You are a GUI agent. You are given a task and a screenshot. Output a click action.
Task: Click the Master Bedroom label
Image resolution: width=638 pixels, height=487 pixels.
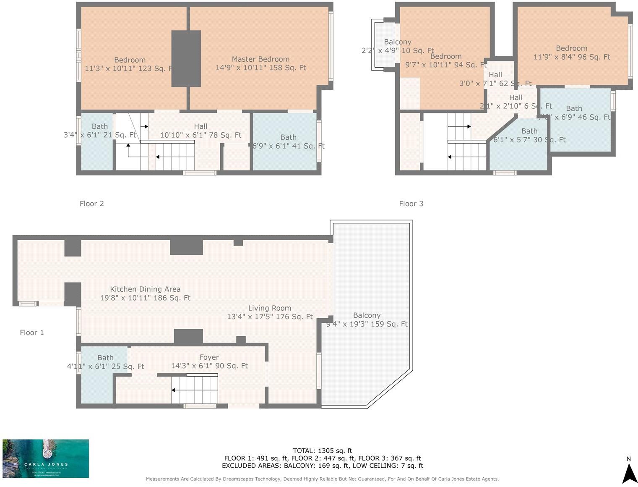point(260,59)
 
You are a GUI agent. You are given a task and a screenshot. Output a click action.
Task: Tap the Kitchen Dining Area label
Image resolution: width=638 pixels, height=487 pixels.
point(145,289)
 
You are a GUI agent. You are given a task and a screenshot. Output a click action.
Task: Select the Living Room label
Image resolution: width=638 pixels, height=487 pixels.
point(269,308)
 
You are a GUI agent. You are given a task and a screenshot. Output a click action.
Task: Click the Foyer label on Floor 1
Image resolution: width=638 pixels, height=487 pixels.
point(209,357)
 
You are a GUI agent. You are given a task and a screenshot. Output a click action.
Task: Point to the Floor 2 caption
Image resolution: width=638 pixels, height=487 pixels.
point(91,204)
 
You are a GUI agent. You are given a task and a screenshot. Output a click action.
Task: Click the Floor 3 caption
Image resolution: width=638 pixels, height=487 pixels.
point(411,204)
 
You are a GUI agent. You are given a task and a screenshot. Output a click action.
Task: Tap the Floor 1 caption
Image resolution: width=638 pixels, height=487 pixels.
point(32,333)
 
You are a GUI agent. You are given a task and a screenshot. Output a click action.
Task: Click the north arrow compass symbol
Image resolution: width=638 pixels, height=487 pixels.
point(629,471)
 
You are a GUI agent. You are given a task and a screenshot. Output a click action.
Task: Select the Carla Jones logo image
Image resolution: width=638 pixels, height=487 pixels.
point(46,458)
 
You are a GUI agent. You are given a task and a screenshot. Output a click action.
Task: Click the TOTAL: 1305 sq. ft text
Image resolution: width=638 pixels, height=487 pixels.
point(322,451)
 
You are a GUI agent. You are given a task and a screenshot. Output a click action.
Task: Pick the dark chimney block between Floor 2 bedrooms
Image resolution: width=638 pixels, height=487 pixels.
point(186,59)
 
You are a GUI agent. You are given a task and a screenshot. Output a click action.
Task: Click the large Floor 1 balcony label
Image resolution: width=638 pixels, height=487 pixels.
point(367,315)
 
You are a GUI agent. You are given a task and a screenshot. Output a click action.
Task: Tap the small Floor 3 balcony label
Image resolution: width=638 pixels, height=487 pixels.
point(397,42)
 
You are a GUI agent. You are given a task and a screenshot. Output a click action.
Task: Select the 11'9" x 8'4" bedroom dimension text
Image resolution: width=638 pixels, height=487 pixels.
point(571,57)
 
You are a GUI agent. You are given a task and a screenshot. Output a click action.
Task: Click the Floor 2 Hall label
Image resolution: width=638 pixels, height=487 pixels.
point(201,126)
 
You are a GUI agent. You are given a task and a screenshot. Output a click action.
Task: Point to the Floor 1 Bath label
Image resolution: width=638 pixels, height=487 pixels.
point(105,358)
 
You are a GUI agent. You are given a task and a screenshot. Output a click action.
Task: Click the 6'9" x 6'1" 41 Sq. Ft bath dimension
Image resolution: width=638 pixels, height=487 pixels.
point(289,146)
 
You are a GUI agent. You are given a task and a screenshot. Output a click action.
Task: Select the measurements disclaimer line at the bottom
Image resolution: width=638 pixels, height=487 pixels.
point(322,479)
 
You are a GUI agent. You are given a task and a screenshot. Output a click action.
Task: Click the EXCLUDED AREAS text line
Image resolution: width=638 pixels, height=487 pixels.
point(322,466)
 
